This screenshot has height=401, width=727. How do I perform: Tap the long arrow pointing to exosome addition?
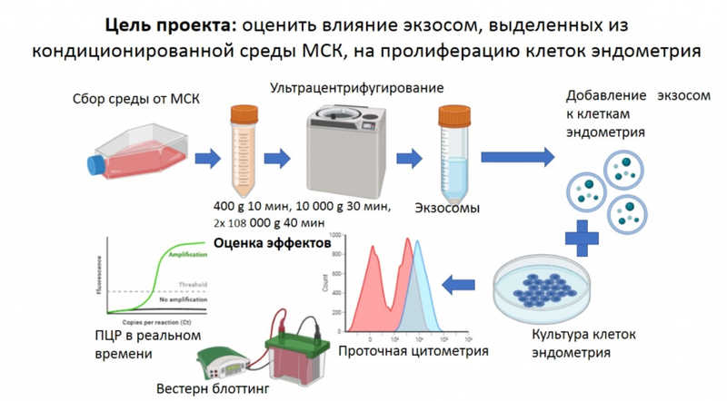coord(523,156)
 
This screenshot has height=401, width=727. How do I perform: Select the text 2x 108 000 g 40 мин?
coord(269,222)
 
